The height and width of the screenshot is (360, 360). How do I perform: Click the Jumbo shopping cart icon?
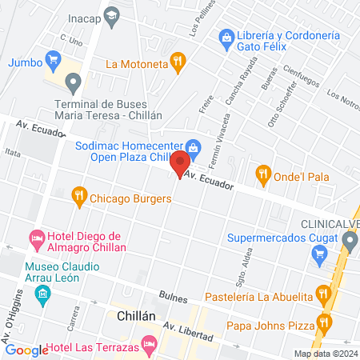(54, 58)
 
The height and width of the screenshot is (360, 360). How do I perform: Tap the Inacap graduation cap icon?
(112, 15)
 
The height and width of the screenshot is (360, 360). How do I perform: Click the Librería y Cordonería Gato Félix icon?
(226, 37)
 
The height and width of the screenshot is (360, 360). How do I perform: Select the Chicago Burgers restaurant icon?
(78, 194)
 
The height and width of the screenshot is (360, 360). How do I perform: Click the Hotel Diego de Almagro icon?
(36, 238)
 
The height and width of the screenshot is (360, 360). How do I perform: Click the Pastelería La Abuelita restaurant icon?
(323, 293)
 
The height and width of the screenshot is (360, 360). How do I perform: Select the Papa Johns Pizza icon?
(323, 322)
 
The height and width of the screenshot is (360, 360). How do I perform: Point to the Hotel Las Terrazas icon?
(148, 344)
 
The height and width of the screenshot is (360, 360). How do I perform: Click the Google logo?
(26, 350)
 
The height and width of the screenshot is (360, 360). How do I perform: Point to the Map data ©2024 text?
(325, 354)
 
